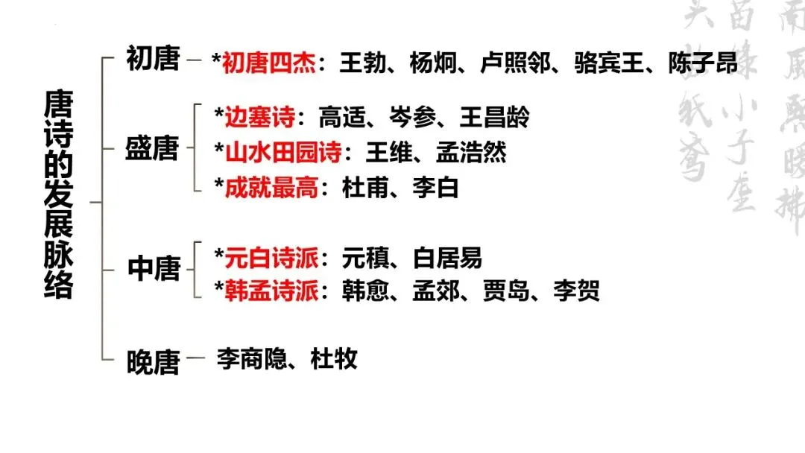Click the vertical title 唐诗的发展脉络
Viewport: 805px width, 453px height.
click(59, 194)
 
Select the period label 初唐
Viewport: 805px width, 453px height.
click(153, 60)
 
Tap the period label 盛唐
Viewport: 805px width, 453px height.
click(152, 148)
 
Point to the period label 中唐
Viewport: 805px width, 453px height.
click(154, 270)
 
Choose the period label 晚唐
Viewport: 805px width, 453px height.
click(153, 363)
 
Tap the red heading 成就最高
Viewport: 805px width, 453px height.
click(271, 188)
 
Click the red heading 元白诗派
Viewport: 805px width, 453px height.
click(271, 259)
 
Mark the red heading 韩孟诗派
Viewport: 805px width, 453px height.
click(271, 291)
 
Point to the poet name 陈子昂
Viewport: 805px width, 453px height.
click(703, 63)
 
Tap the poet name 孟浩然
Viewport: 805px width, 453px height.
click(471, 153)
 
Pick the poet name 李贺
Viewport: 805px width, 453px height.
click(576, 291)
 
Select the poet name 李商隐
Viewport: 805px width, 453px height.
click(252, 359)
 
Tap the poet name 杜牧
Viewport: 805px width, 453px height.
click(334, 359)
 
